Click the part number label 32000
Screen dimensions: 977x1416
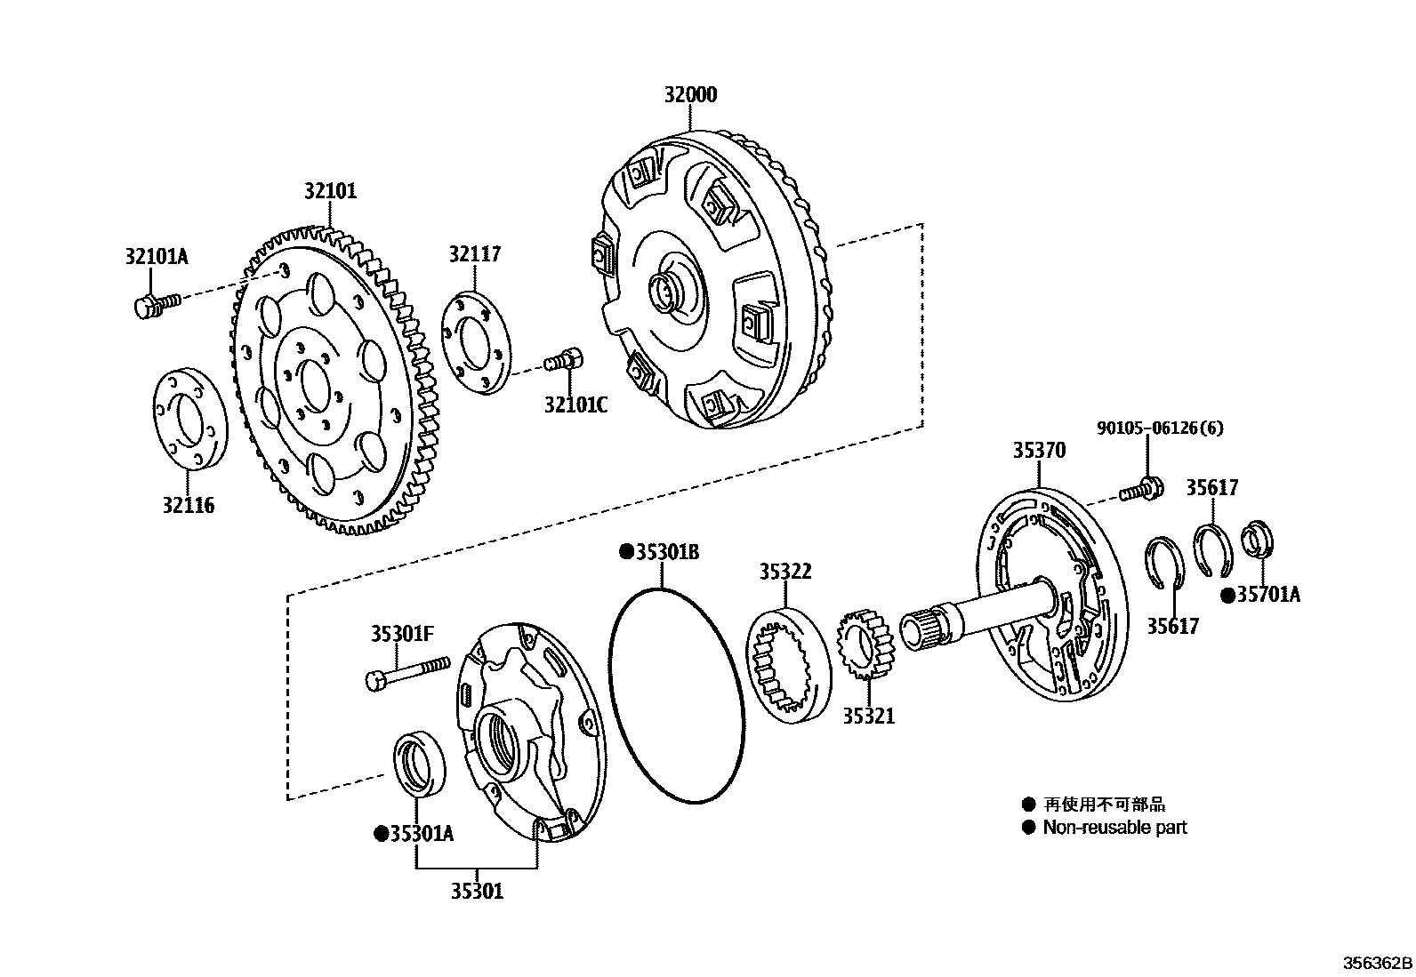point(689,94)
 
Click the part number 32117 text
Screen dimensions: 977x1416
point(474,254)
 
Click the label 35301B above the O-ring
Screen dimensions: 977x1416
point(659,552)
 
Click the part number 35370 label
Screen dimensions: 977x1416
point(1038,451)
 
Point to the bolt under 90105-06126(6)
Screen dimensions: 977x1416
point(1142,488)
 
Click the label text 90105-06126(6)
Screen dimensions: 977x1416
point(1159,428)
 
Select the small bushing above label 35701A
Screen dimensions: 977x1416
point(1257,539)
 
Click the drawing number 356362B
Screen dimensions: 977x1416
point(1377,964)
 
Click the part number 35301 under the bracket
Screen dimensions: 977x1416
point(476,890)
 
